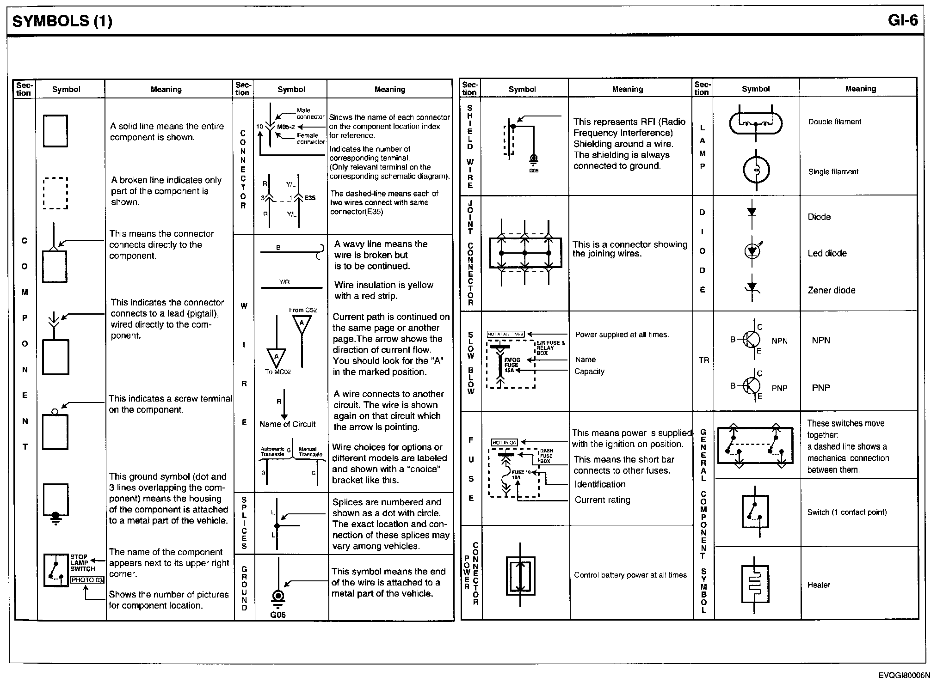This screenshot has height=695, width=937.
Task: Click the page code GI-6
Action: coord(902,21)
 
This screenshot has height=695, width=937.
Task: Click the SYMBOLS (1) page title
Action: coord(62,21)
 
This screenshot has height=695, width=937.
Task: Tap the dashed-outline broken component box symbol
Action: coord(55,193)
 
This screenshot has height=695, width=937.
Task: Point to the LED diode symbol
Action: coord(752,251)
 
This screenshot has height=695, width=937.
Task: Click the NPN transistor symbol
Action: coord(751,340)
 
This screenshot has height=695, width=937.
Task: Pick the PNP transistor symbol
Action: coord(751,385)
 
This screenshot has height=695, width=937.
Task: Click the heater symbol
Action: coord(755,584)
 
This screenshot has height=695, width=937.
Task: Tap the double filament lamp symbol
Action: coord(756,123)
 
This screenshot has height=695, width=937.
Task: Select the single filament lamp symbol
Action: coord(756,170)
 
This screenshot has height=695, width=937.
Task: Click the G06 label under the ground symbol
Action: coord(278,615)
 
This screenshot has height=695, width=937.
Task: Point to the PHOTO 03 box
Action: coord(87,580)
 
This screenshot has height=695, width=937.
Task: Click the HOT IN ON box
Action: coord(504,442)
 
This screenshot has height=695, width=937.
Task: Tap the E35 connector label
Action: coord(309,198)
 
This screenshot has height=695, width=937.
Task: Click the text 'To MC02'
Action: coord(277,372)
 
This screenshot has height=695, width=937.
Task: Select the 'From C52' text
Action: coord(303,310)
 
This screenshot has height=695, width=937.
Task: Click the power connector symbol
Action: coord(521,576)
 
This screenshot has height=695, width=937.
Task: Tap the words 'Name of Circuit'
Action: coord(287,424)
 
